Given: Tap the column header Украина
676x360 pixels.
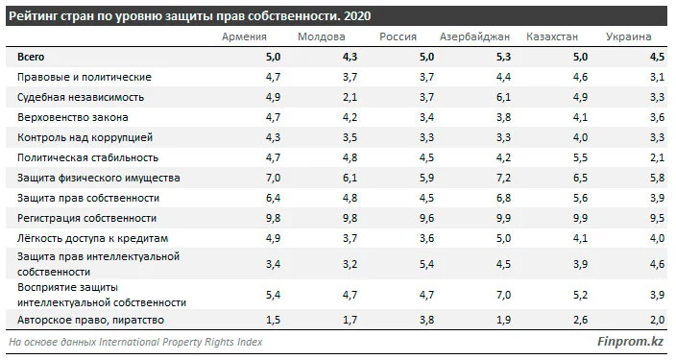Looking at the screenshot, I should tap(629, 37).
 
